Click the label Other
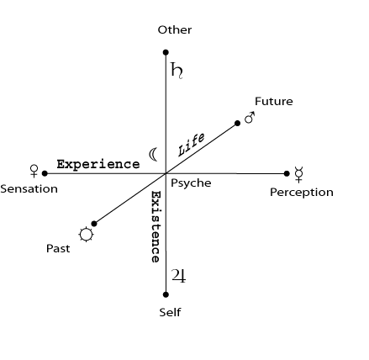pos(175,29)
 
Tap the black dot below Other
pos(166,52)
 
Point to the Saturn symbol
pos(177,71)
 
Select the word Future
pos(274,101)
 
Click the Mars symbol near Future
pos(250,118)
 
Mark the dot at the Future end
pos(237,123)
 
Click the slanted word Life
pos(192,145)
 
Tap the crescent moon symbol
pos(153,154)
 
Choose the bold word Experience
pos(98,164)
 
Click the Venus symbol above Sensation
pos(34,171)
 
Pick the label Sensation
pos(29,189)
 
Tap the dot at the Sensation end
pos(45,173)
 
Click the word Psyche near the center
pos(191,183)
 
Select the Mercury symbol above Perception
pos(299,174)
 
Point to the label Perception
pos(302,193)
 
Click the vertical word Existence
pos(156,227)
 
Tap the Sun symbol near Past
pos(86,235)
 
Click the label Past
pos(58,248)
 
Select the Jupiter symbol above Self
pos(178,276)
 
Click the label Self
pos(170,312)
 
